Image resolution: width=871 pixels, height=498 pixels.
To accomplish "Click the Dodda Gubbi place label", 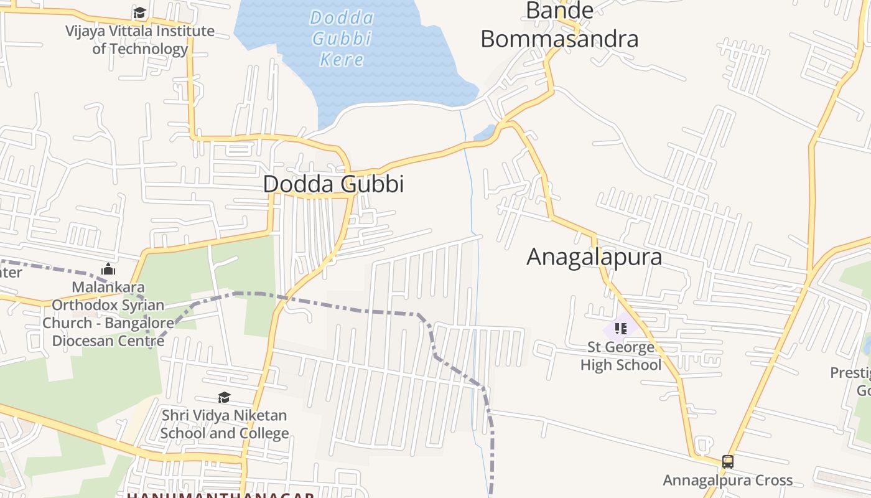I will (x=333, y=184).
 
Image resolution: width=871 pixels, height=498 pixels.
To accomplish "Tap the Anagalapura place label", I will (x=594, y=257).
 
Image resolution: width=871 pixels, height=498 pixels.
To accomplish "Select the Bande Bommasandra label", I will (x=559, y=26).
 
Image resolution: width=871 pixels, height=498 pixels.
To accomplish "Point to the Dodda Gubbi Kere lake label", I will (x=342, y=38).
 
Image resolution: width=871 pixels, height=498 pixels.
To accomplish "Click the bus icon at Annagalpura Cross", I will (x=727, y=462).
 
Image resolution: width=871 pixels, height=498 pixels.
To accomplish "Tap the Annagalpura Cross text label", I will (x=727, y=481).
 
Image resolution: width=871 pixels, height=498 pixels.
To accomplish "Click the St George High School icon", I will (x=620, y=328).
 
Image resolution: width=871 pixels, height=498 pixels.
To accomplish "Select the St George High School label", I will (x=621, y=356).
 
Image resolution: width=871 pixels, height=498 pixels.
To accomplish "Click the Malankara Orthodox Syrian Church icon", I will (x=108, y=269).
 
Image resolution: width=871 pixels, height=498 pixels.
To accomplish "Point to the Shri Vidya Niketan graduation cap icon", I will (x=224, y=397).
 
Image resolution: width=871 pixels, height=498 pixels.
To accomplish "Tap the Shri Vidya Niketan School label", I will (x=225, y=424).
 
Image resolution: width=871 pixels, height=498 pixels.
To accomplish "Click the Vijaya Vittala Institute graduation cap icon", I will (x=139, y=13).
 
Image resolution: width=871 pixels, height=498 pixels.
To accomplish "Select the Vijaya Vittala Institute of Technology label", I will (x=140, y=40).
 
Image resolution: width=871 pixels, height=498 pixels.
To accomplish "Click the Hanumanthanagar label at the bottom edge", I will (x=221, y=496).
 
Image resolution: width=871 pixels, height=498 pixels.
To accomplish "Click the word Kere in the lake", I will (x=342, y=60).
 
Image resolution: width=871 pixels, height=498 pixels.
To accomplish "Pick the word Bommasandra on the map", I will (x=559, y=39).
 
